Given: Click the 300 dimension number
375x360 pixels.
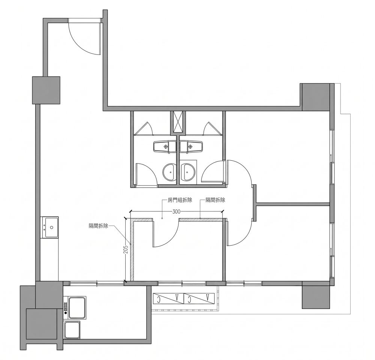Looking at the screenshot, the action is pyautogui.click(x=176, y=212).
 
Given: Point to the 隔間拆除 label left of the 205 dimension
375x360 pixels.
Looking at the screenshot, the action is pyautogui.click(x=98, y=226).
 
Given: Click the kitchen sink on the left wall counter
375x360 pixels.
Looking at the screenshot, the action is pyautogui.click(x=50, y=227).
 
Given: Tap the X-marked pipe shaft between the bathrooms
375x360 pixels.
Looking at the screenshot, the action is pyautogui.click(x=178, y=122).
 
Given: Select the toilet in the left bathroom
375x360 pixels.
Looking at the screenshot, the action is pyautogui.click(x=165, y=146).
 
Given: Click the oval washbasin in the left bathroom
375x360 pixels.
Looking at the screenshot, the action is pyautogui.click(x=170, y=172).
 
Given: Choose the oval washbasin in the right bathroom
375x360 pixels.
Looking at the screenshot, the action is pyautogui.click(x=188, y=172).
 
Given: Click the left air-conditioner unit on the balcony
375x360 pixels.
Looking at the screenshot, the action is pyautogui.click(x=168, y=298).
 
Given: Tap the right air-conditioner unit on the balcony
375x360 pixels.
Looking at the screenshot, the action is pyautogui.click(x=199, y=298).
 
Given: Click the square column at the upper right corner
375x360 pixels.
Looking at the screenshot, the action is pyautogui.click(x=316, y=97).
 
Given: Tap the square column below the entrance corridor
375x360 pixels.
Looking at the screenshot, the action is pyautogui.click(x=46, y=90).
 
